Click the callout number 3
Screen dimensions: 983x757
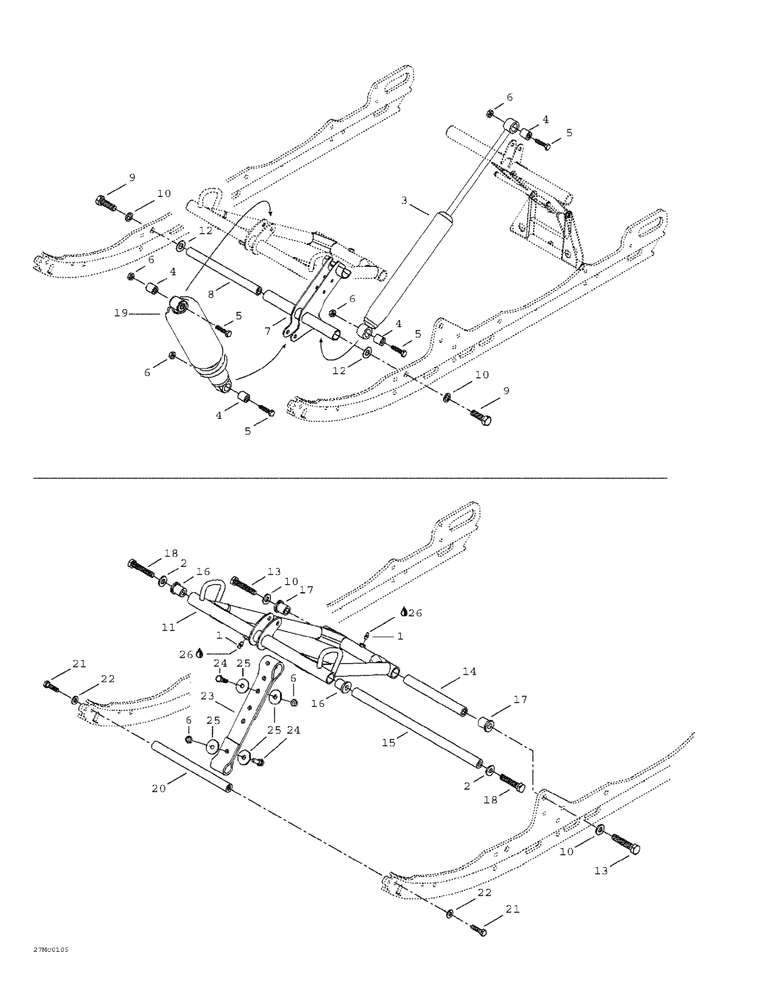(404, 200)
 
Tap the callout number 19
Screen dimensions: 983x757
(121, 313)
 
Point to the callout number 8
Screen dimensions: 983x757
(211, 295)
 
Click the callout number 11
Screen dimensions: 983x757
(168, 627)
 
